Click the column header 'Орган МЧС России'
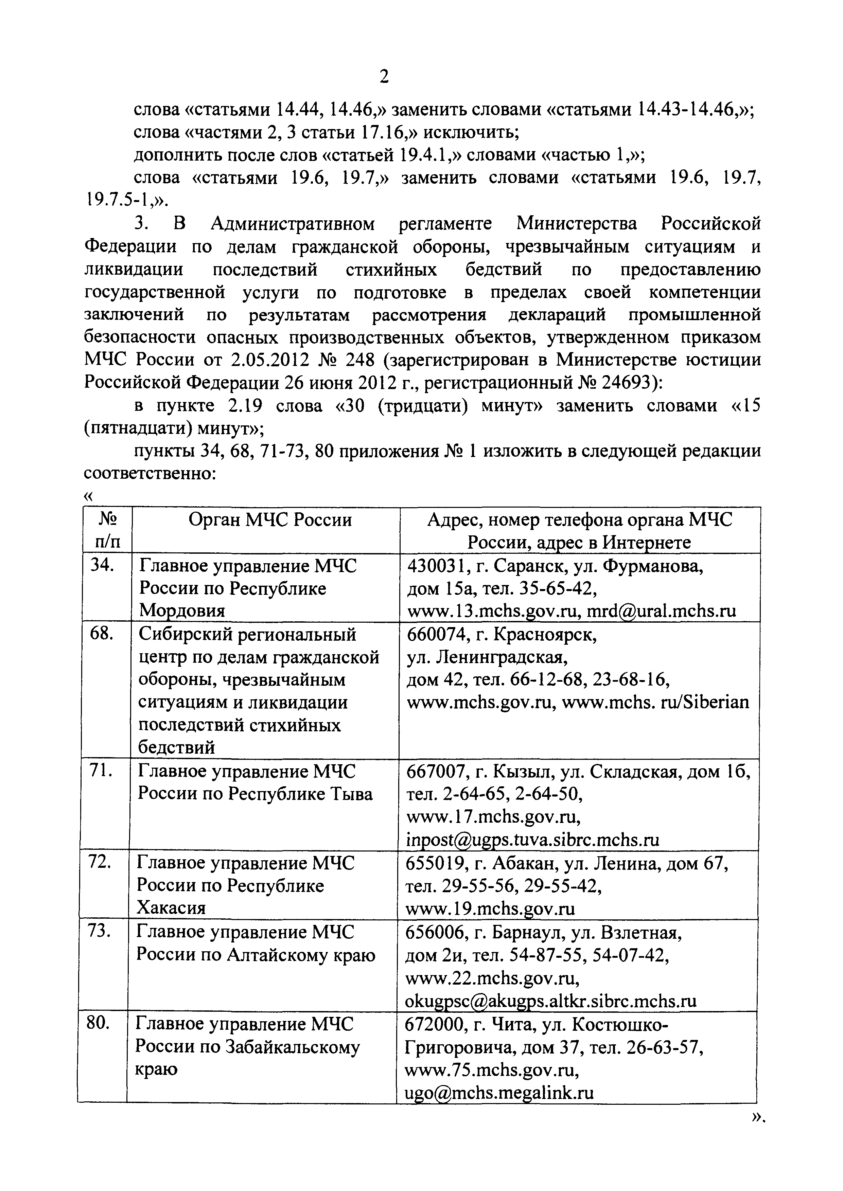[x=270, y=520]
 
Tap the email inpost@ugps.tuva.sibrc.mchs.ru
[x=532, y=839]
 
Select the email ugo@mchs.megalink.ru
[x=499, y=1093]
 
